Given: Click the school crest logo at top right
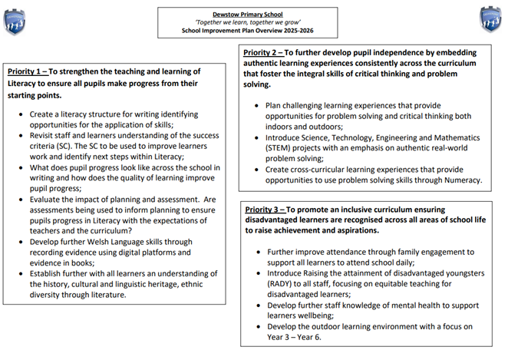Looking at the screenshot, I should pyautogui.click(x=490, y=18).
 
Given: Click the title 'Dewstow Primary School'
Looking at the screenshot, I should pyautogui.click(x=246, y=14).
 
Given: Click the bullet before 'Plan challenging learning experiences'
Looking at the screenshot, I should pyautogui.click(x=256, y=106).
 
